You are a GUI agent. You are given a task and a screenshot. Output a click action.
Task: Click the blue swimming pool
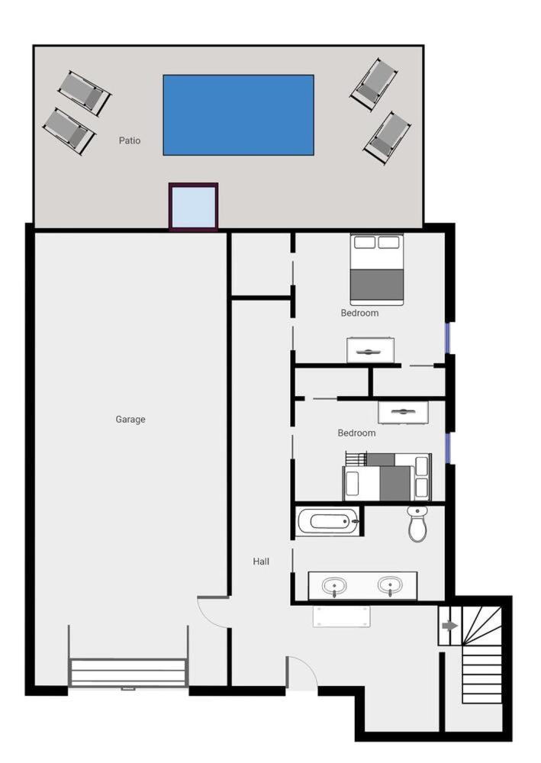tap(238, 115)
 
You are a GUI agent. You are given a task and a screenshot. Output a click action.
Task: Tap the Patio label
tap(130, 140)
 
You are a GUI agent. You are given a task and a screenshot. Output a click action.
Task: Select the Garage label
tap(130, 419)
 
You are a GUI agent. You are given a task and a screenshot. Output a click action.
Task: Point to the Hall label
tap(261, 561)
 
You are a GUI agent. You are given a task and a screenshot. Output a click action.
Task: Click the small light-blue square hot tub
tap(193, 206)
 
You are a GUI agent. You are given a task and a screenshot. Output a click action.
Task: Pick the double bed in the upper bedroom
tap(377, 269)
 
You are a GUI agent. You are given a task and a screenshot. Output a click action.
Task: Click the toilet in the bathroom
tap(417, 523)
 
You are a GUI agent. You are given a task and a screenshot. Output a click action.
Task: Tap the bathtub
tap(327, 521)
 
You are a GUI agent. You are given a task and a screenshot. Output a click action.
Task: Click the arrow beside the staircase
tap(450, 626)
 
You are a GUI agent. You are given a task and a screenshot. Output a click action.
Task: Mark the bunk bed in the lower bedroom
tap(387, 476)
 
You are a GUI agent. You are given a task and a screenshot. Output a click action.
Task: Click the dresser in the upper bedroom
tap(370, 350)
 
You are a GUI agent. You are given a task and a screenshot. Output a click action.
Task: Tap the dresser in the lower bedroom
tap(404, 412)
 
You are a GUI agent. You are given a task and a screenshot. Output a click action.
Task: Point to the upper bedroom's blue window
tap(449, 338)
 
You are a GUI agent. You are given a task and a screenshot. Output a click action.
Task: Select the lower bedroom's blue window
tap(449, 448)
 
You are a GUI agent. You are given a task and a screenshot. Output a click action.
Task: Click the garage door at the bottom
tap(128, 672)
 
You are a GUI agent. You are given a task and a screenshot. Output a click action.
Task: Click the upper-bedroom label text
tap(359, 313)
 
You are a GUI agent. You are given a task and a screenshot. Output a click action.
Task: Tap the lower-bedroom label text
tap(356, 433)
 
